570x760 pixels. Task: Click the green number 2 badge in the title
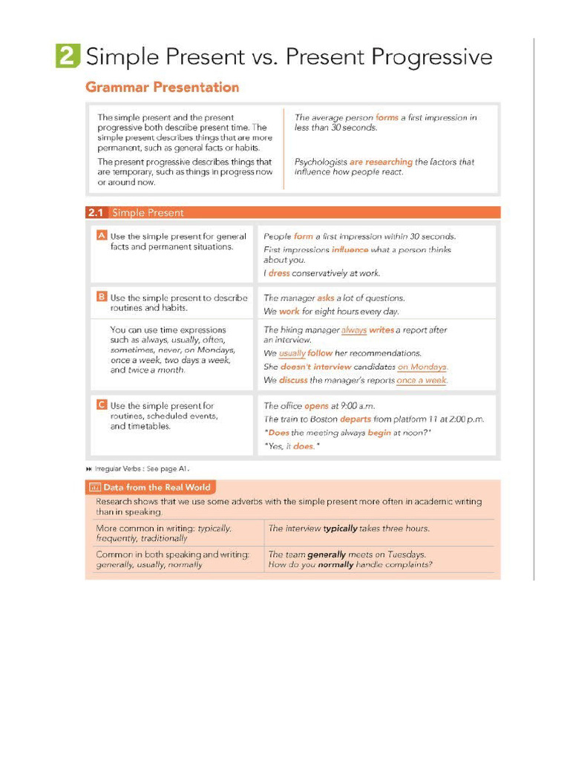click(x=67, y=56)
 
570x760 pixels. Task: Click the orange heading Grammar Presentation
click(x=162, y=88)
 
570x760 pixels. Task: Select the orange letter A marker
click(x=102, y=236)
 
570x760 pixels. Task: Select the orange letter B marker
click(x=102, y=297)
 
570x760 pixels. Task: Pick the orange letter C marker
click(x=102, y=405)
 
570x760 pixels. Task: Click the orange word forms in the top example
click(x=387, y=117)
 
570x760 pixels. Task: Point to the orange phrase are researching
click(x=381, y=162)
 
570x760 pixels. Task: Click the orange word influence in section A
click(x=350, y=250)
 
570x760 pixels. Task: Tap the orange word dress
click(x=279, y=273)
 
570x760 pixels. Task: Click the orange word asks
click(x=326, y=298)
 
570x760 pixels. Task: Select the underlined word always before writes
click(x=354, y=330)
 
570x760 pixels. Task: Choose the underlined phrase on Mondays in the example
click(x=422, y=367)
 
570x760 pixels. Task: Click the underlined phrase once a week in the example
click(x=422, y=381)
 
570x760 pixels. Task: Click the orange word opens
click(x=316, y=406)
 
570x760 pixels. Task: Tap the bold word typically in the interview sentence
click(x=340, y=528)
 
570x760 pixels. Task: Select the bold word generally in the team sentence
click(x=327, y=554)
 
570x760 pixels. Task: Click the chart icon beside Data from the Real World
click(x=94, y=488)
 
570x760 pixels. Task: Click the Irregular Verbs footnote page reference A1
click(x=183, y=468)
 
